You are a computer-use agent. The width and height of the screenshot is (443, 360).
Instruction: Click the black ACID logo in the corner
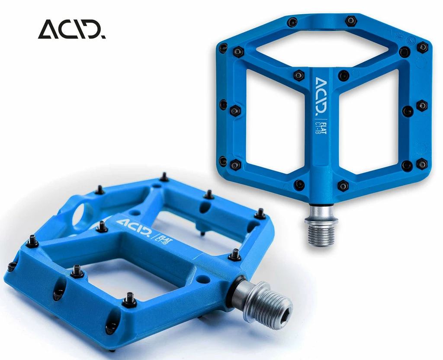pyautogui.click(x=72, y=29)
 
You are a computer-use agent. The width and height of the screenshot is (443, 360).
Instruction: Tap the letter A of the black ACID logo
pyautogui.click(x=48, y=29)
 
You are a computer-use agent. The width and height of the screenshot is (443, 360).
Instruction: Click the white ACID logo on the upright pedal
pyautogui.click(x=321, y=96)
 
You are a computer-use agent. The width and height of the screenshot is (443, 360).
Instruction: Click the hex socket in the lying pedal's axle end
pyautogui.click(x=284, y=311)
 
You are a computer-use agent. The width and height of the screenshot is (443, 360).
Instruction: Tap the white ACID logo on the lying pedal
pyautogui.click(x=133, y=227)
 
